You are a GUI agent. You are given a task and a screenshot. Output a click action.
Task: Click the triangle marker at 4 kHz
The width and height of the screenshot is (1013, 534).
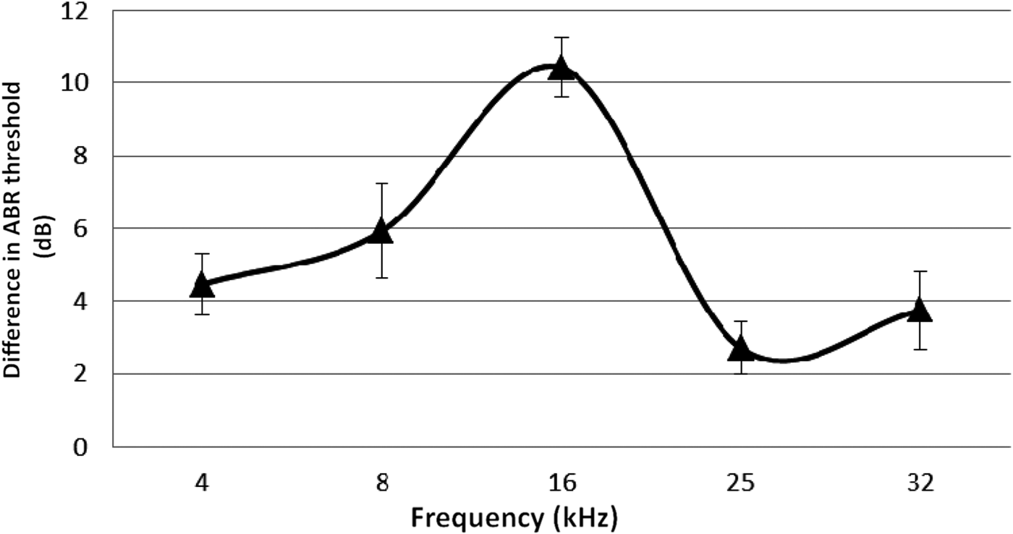pos(202,286)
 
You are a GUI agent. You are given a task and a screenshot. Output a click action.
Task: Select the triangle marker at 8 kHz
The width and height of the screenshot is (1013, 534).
pos(381,232)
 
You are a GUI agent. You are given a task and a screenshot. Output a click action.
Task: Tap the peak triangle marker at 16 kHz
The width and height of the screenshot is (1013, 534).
pos(561,69)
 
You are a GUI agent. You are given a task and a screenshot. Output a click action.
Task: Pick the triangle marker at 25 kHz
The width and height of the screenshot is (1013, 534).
pos(741,349)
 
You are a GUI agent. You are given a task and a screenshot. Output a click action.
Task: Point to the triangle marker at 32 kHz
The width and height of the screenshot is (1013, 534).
pos(920,311)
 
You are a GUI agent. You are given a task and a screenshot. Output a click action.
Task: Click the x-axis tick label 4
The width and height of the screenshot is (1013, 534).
pos(202,483)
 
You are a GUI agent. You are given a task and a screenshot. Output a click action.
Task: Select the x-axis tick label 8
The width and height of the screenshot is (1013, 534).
pos(381,483)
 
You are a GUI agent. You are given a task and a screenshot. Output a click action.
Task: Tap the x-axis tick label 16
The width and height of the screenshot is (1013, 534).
pos(561,483)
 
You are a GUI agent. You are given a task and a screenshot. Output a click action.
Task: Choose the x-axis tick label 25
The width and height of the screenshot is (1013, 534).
pos(741,483)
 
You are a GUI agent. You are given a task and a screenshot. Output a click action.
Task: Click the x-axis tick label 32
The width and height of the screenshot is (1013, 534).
pos(920,483)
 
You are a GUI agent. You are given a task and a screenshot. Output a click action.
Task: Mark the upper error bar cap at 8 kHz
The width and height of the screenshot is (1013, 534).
pos(381,184)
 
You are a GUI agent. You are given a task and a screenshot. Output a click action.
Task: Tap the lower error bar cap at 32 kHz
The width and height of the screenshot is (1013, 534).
pos(920,349)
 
